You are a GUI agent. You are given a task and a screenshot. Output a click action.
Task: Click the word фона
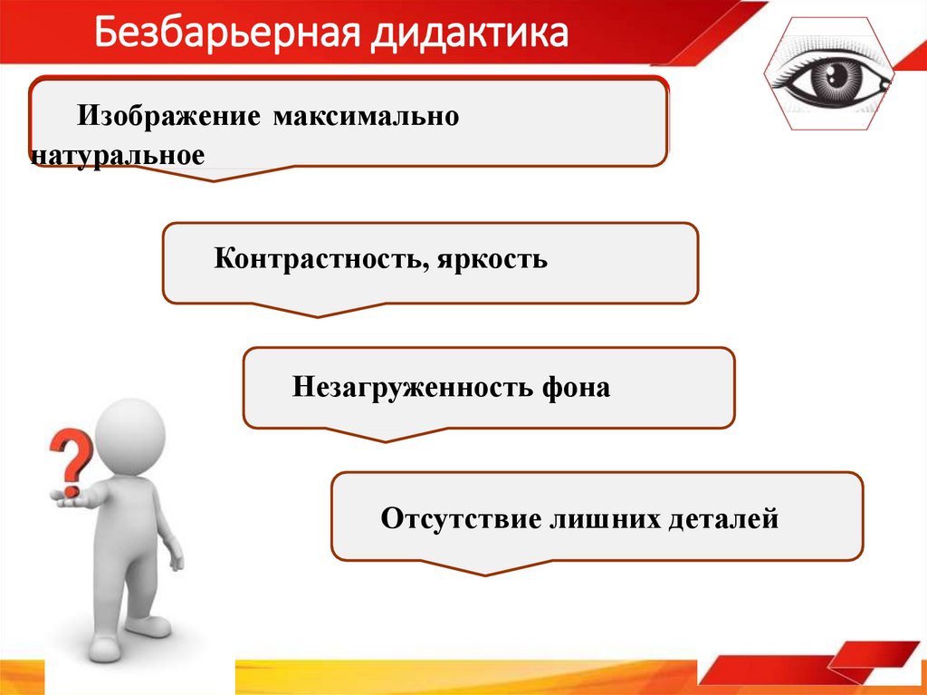coord(576,388)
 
